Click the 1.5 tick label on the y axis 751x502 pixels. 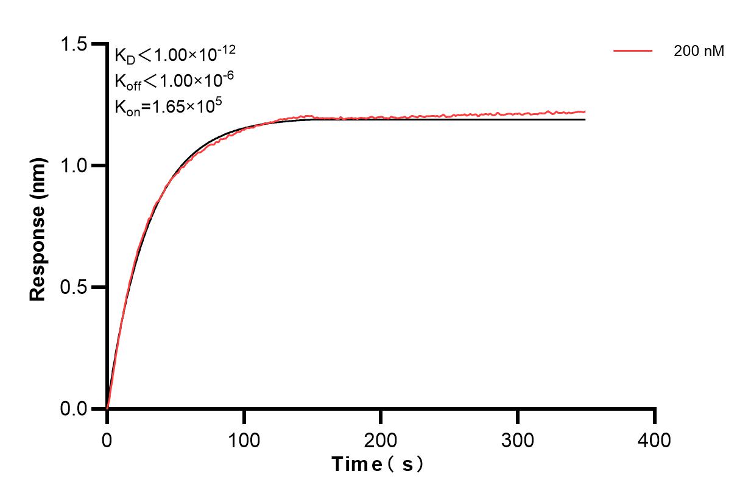tap(73, 44)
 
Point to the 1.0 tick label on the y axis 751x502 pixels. tap(73, 166)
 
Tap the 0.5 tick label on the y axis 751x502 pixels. tap(73, 287)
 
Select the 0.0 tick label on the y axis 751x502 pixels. tap(73, 408)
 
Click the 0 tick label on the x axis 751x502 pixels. tap(107, 439)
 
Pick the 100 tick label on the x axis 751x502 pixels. tap(244, 439)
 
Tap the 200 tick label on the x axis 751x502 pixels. tap(381, 439)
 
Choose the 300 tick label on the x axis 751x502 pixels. tap(518, 439)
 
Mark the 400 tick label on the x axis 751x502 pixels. tap(655, 439)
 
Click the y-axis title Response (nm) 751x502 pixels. tap(38, 226)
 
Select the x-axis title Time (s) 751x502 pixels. tap(378, 465)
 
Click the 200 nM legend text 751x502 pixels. tap(699, 52)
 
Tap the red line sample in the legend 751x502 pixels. tap(633, 51)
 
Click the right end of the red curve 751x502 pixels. tap(585, 111)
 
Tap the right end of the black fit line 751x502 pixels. tap(585, 119)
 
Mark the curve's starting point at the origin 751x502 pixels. tap(107, 408)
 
